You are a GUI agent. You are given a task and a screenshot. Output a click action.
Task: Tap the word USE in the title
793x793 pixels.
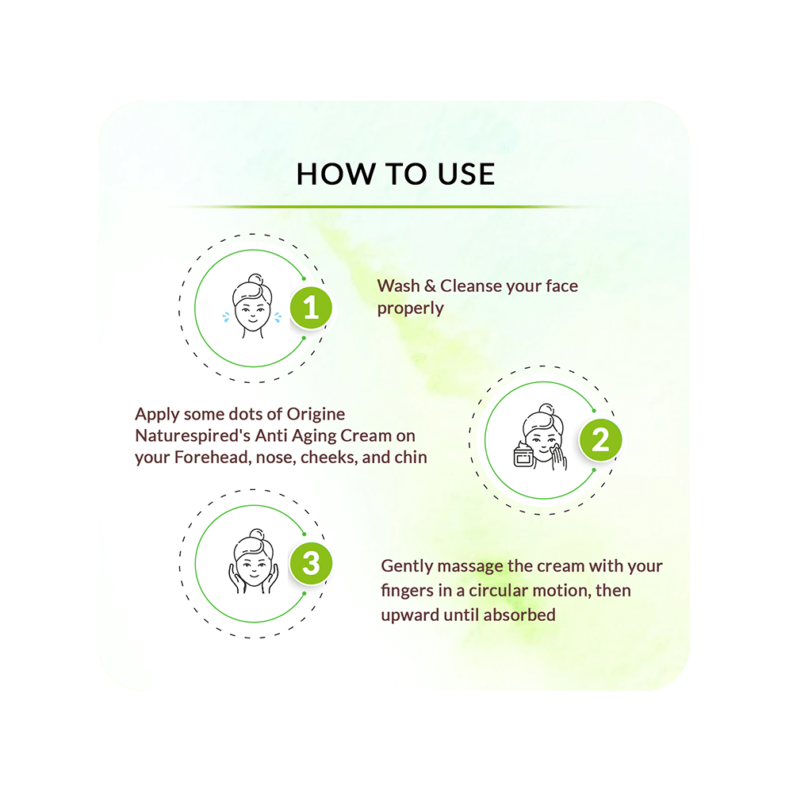coord(465,174)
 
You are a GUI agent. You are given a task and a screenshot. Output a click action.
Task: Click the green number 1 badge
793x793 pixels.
coord(311,308)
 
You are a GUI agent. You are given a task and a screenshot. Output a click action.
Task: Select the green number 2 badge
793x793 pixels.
coord(601,439)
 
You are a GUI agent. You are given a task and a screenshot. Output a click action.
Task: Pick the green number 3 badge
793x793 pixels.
coord(311,563)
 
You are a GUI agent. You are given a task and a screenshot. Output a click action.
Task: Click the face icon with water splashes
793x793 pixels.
coord(252,306)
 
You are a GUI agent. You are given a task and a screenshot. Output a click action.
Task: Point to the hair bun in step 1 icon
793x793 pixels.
coord(256,280)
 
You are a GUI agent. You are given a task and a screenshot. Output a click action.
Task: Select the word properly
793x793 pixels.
coord(410,308)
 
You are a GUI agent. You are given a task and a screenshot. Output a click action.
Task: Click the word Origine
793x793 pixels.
coord(316,415)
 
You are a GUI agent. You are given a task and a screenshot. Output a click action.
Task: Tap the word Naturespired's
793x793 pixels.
coord(193,436)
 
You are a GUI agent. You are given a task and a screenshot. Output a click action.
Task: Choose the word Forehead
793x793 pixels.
coord(213,458)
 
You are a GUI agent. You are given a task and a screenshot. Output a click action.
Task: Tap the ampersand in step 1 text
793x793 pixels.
coord(430,285)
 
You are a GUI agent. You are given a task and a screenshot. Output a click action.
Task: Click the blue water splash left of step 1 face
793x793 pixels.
coord(226,317)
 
